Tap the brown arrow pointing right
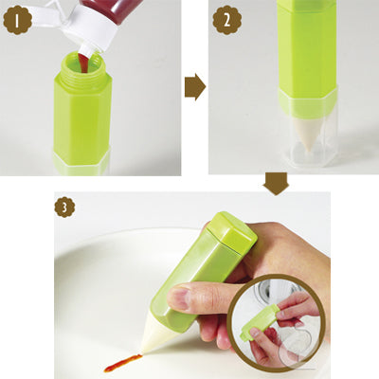194,87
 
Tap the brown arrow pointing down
276,183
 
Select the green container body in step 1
82,118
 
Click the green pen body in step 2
306,52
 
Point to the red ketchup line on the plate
121,363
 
